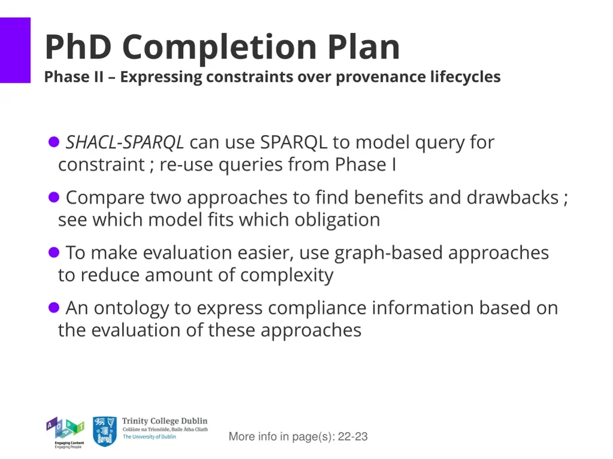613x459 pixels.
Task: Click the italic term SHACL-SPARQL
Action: [125, 143]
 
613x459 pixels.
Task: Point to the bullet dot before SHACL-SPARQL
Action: [53, 142]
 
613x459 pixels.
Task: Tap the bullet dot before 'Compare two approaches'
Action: [53, 197]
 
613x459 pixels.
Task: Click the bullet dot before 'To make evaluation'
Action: [53, 252]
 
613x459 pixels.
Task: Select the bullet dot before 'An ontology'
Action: [53, 308]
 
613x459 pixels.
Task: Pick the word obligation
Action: [337, 220]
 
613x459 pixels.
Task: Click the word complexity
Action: [287, 275]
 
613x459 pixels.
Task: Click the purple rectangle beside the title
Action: [15, 50]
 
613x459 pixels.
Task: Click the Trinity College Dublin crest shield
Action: [105, 432]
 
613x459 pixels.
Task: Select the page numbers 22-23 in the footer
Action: [353, 437]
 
